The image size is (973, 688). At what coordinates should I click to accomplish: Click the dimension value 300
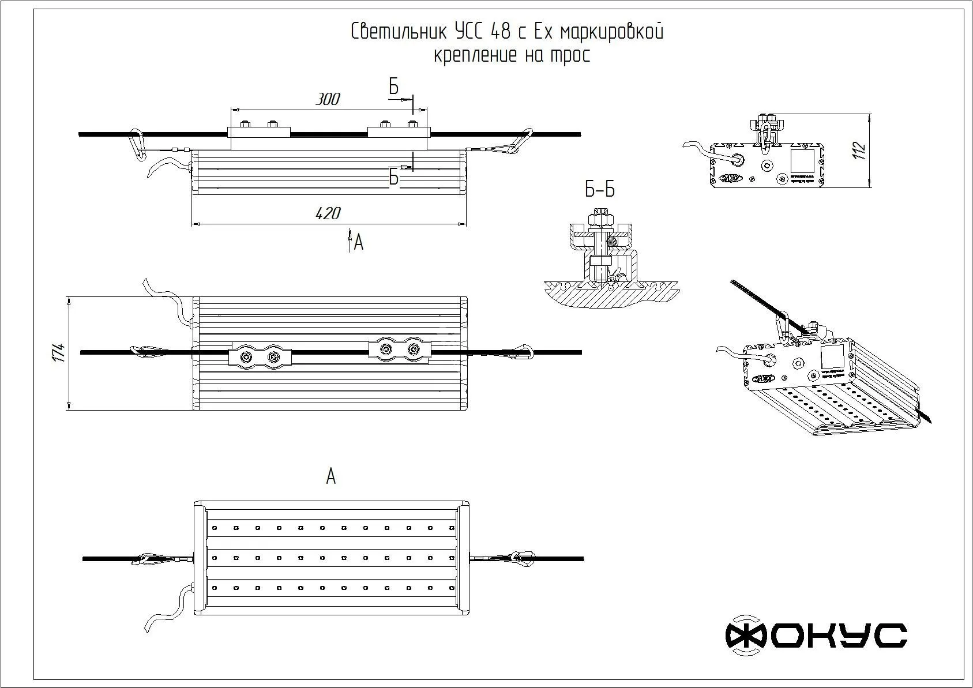[x=328, y=99]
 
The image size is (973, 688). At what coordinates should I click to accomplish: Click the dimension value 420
[x=328, y=213]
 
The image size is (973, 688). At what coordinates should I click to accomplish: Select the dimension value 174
[x=58, y=353]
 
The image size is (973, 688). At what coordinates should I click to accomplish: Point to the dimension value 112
[x=861, y=150]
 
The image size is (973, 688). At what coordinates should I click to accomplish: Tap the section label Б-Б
[x=599, y=190]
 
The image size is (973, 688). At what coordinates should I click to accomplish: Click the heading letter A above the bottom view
[x=330, y=477]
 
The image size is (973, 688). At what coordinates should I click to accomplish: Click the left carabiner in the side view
[x=137, y=145]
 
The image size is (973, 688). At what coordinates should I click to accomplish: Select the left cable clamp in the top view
[x=261, y=357]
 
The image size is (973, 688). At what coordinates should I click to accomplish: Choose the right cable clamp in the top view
[x=399, y=349]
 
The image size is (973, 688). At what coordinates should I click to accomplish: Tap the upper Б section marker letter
[x=393, y=87]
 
